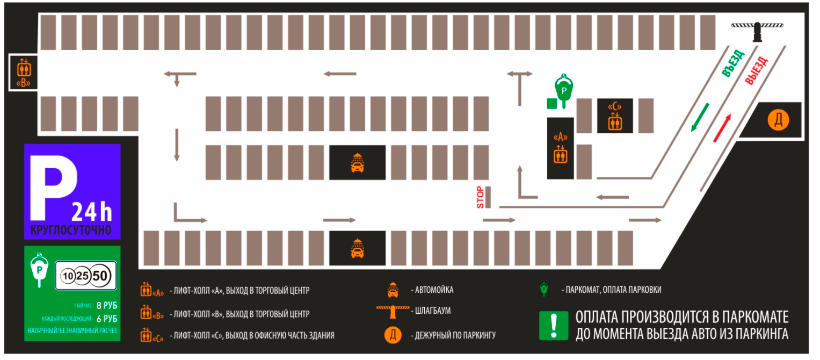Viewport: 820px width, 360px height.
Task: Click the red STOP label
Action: click(x=480, y=197)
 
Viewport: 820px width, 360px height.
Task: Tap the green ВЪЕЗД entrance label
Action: click(x=733, y=63)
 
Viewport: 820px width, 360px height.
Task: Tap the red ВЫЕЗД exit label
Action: click(x=756, y=71)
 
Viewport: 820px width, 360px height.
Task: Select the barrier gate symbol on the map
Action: click(x=757, y=31)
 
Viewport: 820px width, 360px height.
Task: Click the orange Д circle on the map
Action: click(x=778, y=120)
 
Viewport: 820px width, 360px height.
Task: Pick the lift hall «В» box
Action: click(x=23, y=73)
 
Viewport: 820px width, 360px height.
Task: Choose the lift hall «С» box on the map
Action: click(x=615, y=116)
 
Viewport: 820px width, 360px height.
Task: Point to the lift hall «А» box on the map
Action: click(x=561, y=148)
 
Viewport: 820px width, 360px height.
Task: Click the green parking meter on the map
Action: click(x=564, y=90)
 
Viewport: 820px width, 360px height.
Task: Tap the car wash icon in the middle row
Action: click(x=357, y=163)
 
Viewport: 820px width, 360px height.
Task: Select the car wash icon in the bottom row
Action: click(x=357, y=248)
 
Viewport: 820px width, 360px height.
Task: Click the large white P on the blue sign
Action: click(x=53, y=188)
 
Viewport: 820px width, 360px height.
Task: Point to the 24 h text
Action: click(x=91, y=212)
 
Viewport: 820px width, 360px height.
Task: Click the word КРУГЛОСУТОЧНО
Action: click(x=71, y=230)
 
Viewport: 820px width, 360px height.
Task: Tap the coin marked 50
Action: click(x=100, y=276)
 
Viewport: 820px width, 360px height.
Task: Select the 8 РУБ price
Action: click(x=106, y=305)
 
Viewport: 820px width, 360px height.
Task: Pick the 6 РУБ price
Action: click(x=106, y=319)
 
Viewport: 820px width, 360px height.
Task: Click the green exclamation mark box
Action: click(x=554, y=326)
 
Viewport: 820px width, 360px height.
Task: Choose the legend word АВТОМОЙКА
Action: click(x=434, y=290)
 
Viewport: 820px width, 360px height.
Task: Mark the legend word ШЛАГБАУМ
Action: click(x=433, y=311)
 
